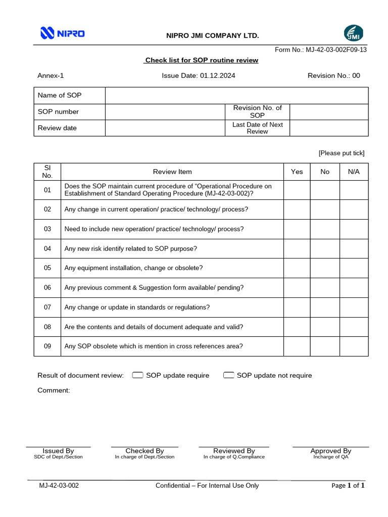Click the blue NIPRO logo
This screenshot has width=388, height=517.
coord(62,34)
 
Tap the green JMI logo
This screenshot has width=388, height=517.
coord(353,33)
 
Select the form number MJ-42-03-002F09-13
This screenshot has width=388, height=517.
coord(321,50)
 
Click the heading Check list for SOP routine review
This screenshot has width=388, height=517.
coord(201,61)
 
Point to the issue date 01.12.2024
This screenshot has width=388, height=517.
coord(198,76)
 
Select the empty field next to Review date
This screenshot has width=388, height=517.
coord(165,128)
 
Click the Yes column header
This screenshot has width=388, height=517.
coord(297,172)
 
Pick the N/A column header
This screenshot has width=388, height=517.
coord(354,172)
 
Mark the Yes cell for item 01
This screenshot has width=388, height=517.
coord(297,190)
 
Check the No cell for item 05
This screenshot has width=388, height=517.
coord(325,268)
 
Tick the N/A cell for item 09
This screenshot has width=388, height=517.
coord(354,346)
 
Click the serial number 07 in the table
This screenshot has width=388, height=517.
coord(47,307)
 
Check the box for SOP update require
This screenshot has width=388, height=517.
coord(137,375)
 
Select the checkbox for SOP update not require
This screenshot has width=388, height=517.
coord(228,375)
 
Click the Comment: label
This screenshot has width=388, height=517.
coord(54,390)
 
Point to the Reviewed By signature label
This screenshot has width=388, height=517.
coord(234,451)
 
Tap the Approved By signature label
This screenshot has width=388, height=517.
coord(331,451)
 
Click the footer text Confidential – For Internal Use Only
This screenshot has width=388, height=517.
coord(207,486)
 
